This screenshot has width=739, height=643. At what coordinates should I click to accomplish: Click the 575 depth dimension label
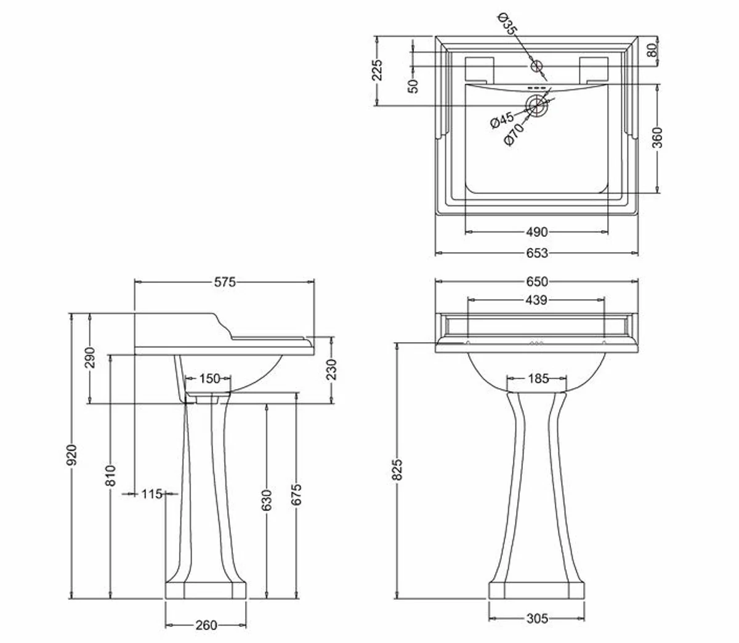point(225,282)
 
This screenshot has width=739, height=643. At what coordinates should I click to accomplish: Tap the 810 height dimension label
point(111,476)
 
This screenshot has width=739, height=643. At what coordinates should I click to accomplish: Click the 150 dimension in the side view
point(209,378)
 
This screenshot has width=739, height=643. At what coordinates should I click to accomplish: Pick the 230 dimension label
point(331,369)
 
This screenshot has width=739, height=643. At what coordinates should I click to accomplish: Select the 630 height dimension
point(267,501)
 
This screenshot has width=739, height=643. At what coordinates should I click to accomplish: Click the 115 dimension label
point(151,493)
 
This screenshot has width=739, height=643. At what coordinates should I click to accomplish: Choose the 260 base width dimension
point(206,625)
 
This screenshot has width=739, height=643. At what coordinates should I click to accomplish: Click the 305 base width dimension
point(537,618)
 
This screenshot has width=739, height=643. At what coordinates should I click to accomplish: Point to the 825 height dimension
point(397,469)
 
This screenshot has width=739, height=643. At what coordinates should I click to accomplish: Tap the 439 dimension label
point(536,300)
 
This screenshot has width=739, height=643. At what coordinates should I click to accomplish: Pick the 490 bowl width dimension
point(536,232)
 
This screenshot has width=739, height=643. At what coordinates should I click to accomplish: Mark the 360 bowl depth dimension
point(657,138)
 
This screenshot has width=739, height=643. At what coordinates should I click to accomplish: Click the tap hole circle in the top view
point(536,65)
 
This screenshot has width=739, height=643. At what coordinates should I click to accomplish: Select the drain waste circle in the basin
point(537,105)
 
